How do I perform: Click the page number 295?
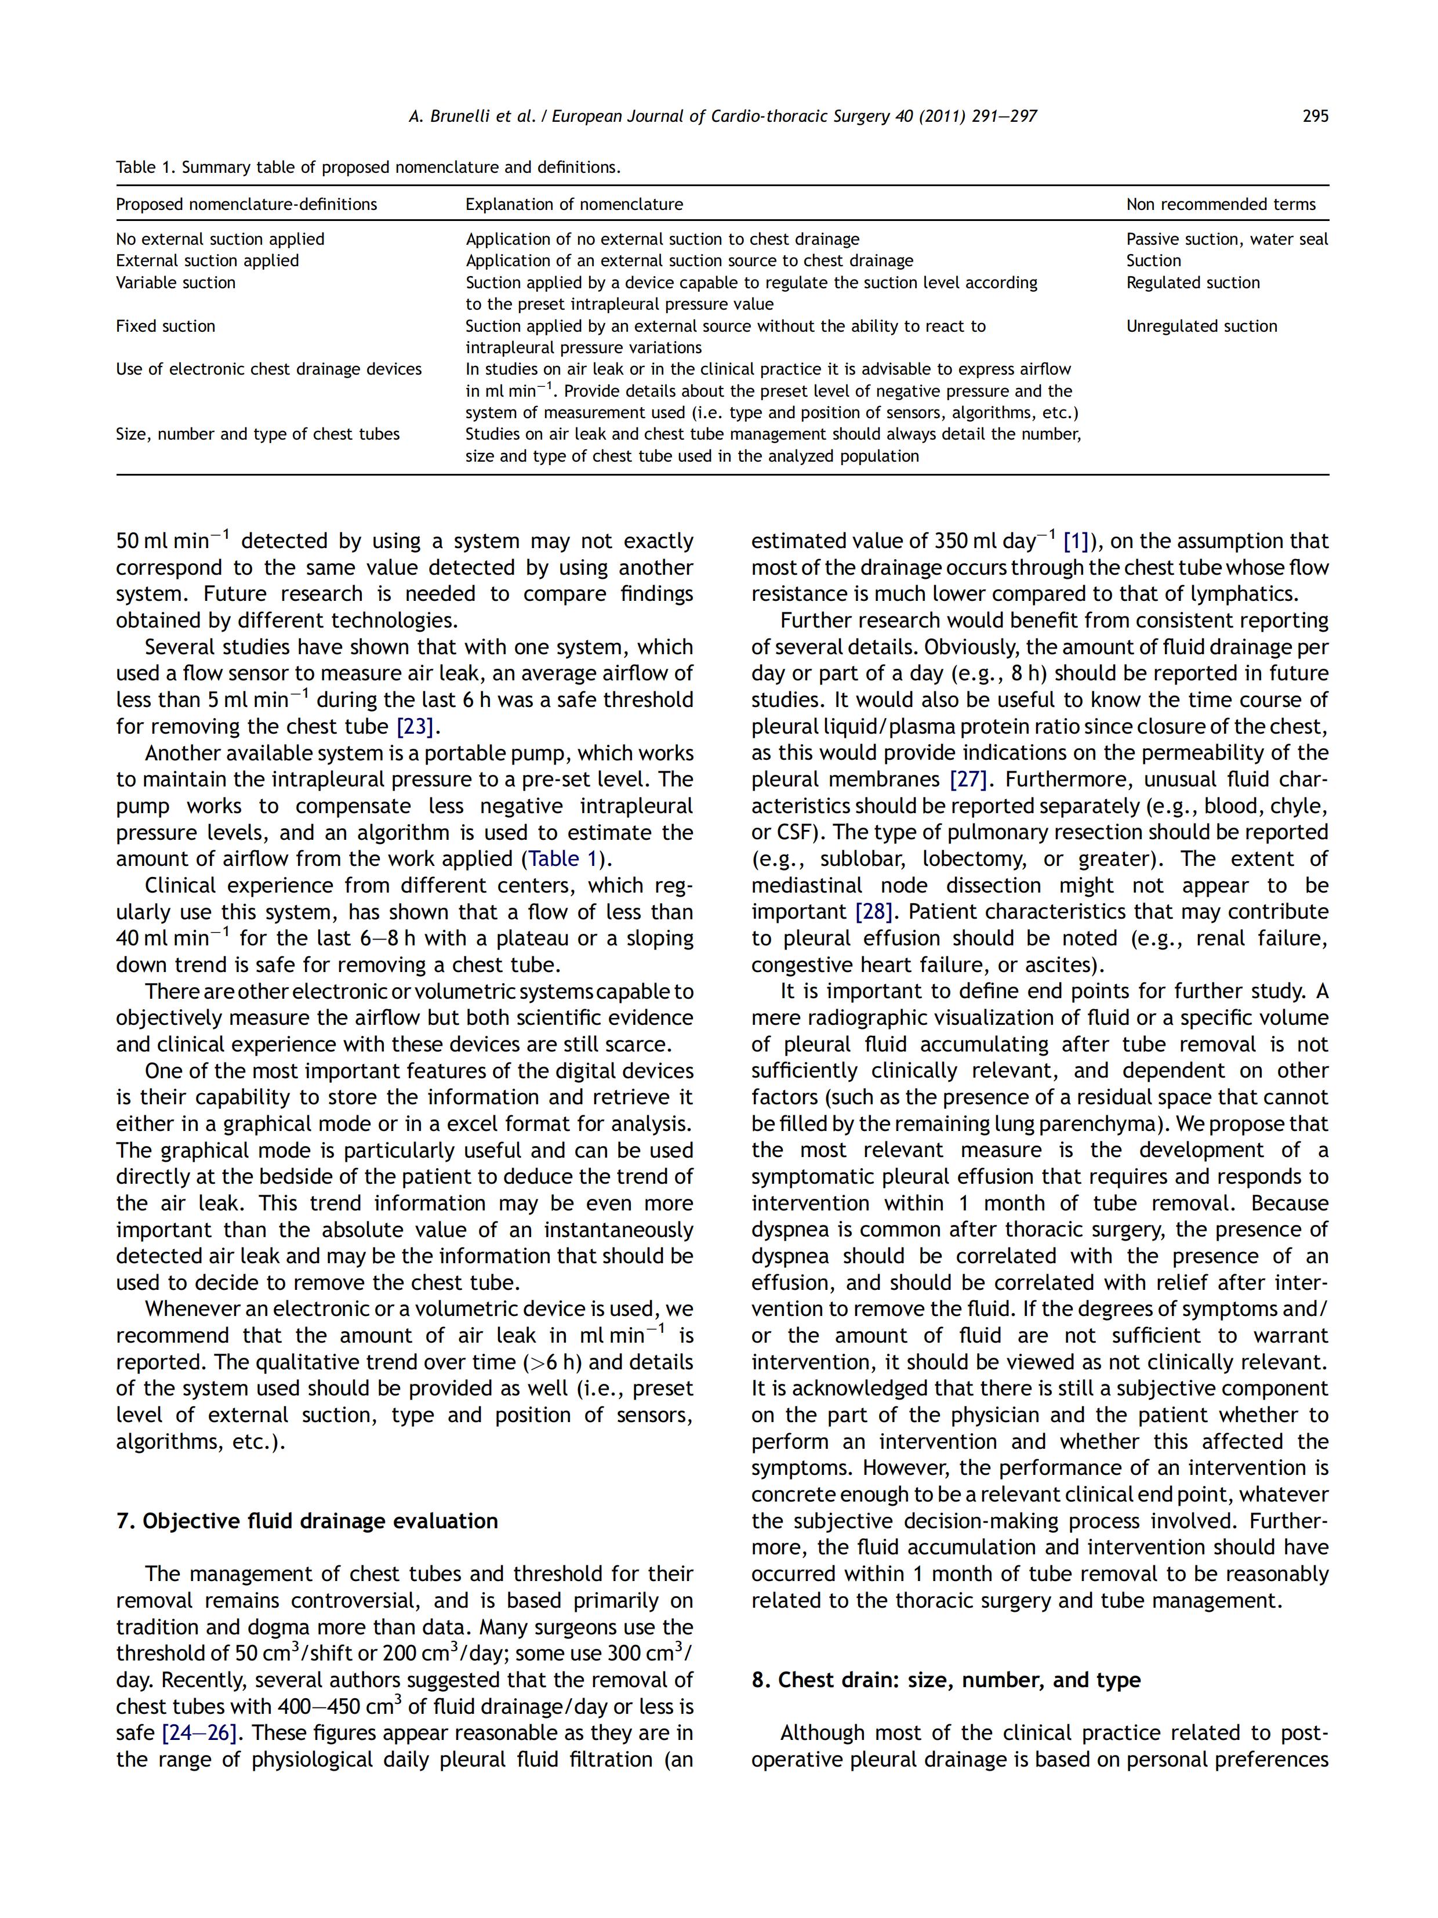1314,116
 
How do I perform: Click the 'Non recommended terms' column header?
1221,205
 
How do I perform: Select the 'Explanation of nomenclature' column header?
574,205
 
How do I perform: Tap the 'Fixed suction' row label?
166,326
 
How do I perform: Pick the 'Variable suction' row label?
176,282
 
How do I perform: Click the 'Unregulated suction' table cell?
1201,326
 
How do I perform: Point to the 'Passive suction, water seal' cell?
1226,240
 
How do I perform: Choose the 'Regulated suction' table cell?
1193,282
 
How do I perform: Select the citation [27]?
969,779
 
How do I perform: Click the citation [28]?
873,912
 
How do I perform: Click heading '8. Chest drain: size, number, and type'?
946,1680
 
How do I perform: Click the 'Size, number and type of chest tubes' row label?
257,434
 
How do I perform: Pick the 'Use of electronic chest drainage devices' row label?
268,369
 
